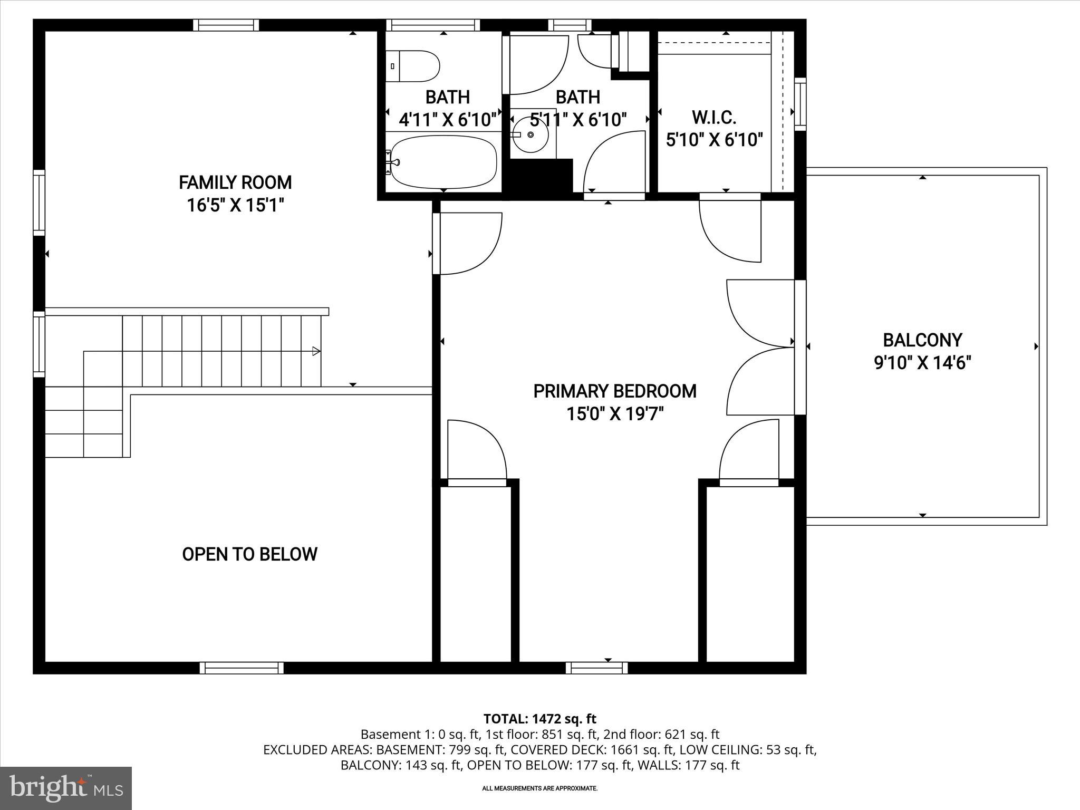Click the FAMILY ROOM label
click(x=235, y=182)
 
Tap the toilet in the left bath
click(x=413, y=66)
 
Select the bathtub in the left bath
click(x=443, y=161)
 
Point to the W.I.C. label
click(x=713, y=117)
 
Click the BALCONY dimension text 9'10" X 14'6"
click(x=922, y=363)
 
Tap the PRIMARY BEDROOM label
click(x=615, y=391)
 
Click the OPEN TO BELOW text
click(x=249, y=554)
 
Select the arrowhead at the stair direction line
click(x=316, y=351)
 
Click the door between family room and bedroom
click(x=467, y=244)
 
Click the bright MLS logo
click(x=66, y=788)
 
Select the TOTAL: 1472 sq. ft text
click(x=539, y=719)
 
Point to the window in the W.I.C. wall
click(x=800, y=104)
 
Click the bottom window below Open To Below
click(x=242, y=668)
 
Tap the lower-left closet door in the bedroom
click(x=476, y=451)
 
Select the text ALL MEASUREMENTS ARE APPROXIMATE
click(x=539, y=788)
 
